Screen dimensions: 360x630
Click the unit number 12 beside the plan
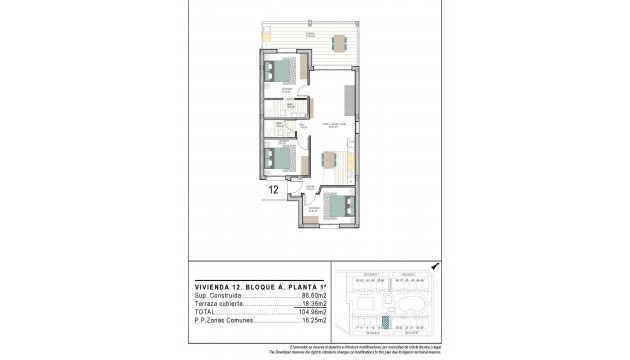pyautogui.click(x=273, y=187)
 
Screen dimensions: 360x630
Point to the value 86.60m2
pyautogui.click(x=315, y=296)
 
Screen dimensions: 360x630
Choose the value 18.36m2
pyautogui.click(x=315, y=304)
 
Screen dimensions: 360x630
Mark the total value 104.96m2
pyautogui.click(x=313, y=313)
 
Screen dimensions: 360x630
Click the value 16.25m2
pyautogui.click(x=315, y=322)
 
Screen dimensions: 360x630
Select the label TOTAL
pyautogui.click(x=206, y=313)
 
